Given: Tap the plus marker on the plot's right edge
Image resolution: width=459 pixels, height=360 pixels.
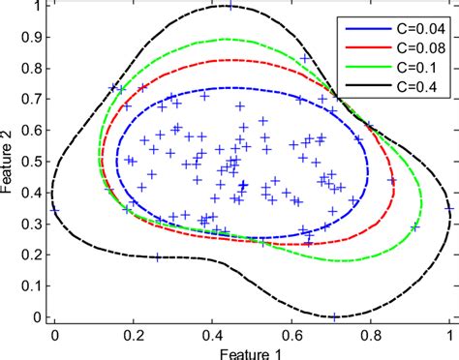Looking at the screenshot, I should point(448,206).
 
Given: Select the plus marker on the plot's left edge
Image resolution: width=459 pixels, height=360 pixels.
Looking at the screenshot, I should point(55,208).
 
